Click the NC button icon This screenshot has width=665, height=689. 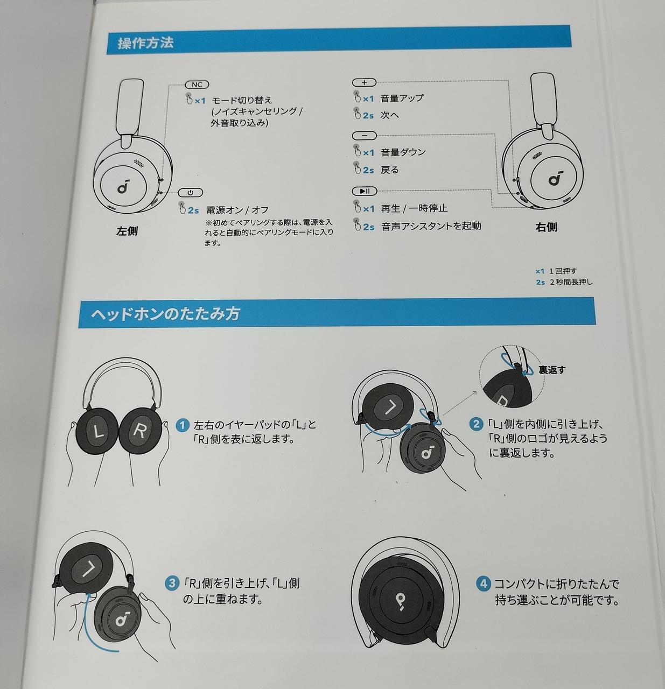coord(197,85)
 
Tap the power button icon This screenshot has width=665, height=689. coord(191,193)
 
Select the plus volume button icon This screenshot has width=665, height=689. coord(364,83)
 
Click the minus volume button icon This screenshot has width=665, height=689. coord(365,136)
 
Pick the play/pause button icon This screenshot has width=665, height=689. coord(365,191)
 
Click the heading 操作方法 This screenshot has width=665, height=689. coord(145,43)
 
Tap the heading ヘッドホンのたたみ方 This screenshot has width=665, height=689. coord(165,314)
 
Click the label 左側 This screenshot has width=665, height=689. coord(127,231)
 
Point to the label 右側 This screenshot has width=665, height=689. coord(546,227)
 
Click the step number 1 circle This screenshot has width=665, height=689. coord(183,425)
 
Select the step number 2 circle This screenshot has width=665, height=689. coord(476,424)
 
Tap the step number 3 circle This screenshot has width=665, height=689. coord(172,583)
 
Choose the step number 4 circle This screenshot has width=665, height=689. coord(484,583)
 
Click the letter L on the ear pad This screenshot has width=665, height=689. coord(98,432)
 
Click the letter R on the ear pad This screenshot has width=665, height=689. coord(139,431)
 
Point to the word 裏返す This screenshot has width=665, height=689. coord(552,370)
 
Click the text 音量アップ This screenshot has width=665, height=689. coord(402,98)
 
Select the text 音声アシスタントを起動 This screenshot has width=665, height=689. coord(431,226)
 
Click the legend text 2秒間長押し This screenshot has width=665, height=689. coord(571,282)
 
